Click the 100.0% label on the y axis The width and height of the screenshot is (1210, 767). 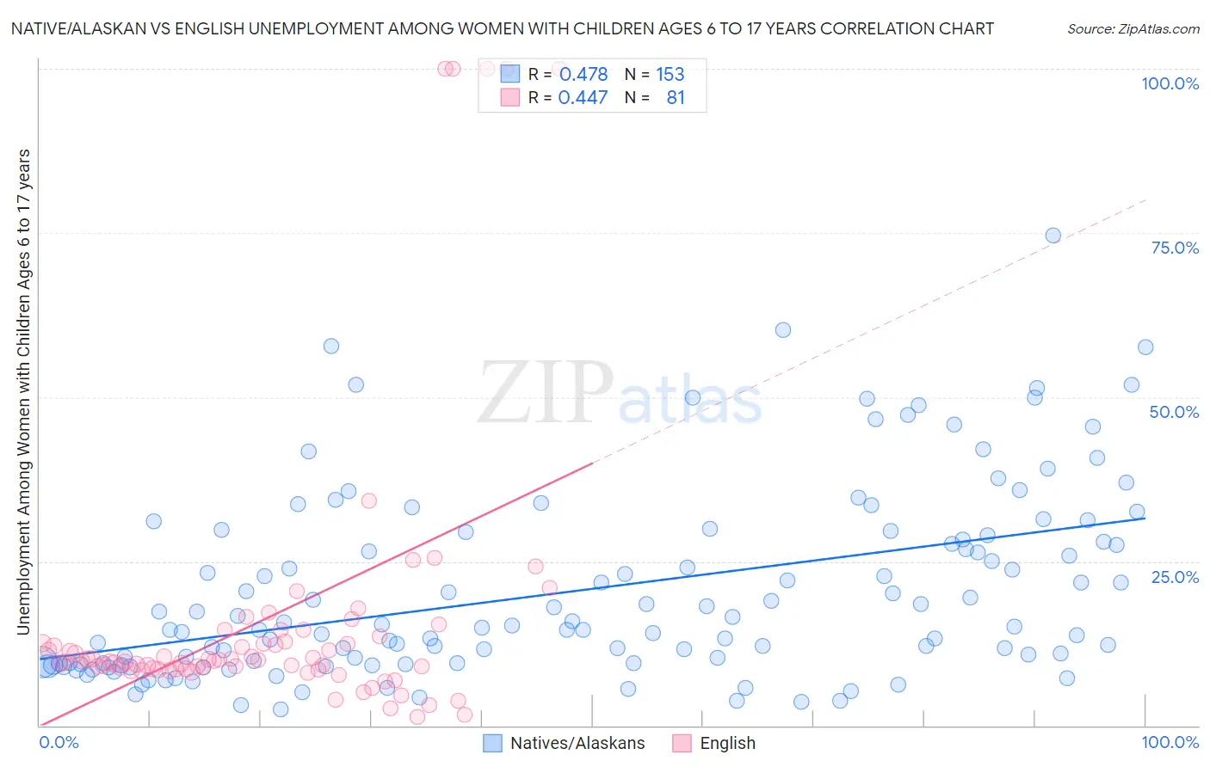pyautogui.click(x=1170, y=83)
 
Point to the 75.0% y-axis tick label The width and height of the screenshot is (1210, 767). pyautogui.click(x=1175, y=248)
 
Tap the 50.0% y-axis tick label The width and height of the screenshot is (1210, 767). pyautogui.click(x=1174, y=412)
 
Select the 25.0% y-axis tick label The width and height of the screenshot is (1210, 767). pyautogui.click(x=1175, y=576)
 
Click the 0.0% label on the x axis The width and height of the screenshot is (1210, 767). pyautogui.click(x=59, y=742)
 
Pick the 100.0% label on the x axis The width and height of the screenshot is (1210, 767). pyautogui.click(x=1170, y=742)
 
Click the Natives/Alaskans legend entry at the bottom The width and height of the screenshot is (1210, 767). pyautogui.click(x=577, y=743)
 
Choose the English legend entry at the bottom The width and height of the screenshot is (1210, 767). pyautogui.click(x=727, y=743)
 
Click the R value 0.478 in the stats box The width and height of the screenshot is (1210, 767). pyautogui.click(x=583, y=75)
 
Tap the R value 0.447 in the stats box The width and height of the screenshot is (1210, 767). pyautogui.click(x=583, y=98)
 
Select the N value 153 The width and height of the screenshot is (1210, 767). pyautogui.click(x=670, y=75)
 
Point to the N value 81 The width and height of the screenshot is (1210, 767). pyautogui.click(x=676, y=98)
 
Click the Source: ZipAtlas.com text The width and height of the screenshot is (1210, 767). pyautogui.click(x=1133, y=28)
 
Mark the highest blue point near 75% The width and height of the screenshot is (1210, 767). pyautogui.click(x=1053, y=236)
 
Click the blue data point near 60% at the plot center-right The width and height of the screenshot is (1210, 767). pyautogui.click(x=782, y=330)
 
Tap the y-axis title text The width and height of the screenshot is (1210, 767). pyautogui.click(x=23, y=391)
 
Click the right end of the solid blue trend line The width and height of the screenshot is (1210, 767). pyautogui.click(x=1145, y=518)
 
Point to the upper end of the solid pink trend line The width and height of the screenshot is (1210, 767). pyautogui.click(x=592, y=463)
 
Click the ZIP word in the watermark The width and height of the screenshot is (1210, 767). pyautogui.click(x=546, y=393)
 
